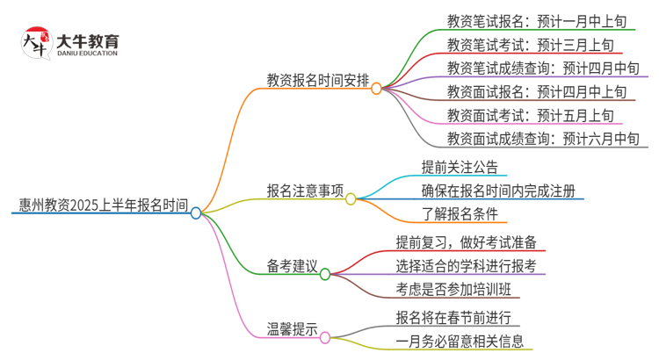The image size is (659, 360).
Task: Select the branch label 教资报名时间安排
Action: (318, 80)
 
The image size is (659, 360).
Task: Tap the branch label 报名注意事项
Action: (305, 191)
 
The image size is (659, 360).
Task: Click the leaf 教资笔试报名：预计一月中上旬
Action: (535, 20)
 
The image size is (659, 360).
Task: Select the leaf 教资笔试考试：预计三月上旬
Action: (530, 44)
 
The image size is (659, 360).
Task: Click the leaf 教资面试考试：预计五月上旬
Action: (530, 115)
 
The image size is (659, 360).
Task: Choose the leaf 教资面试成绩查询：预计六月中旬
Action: (541, 139)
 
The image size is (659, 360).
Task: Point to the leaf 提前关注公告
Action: (465, 167)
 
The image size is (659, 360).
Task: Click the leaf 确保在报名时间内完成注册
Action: (499, 191)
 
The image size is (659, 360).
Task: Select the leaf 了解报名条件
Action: (460, 214)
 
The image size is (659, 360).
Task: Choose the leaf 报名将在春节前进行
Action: (453, 318)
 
